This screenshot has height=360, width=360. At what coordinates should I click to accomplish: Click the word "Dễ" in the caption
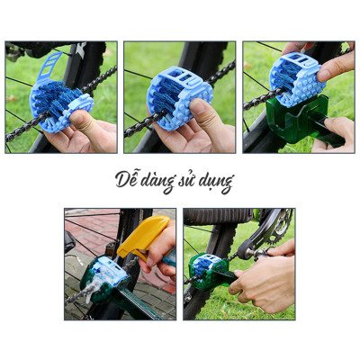(127, 178)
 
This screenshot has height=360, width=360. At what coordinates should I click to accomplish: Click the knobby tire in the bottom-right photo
(216, 216)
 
